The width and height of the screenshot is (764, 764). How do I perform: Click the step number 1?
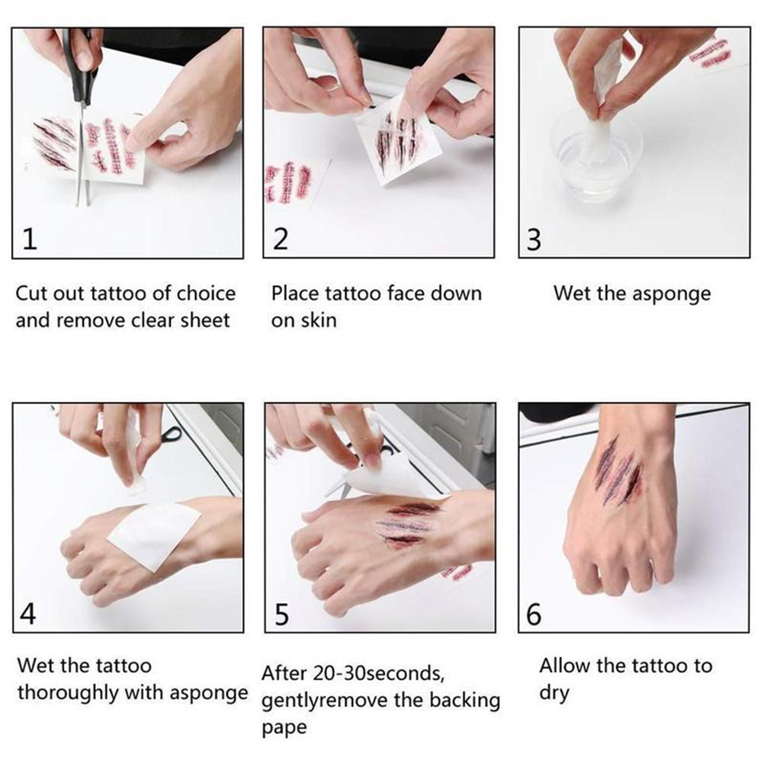click(x=30, y=239)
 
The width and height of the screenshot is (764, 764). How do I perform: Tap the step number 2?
click(x=281, y=239)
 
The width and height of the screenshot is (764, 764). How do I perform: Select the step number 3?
click(x=534, y=239)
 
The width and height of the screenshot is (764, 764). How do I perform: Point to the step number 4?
click(x=27, y=614)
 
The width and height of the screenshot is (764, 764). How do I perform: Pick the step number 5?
click(x=281, y=615)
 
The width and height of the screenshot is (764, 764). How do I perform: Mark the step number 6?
click(x=534, y=615)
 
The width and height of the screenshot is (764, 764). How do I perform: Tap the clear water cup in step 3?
click(x=595, y=156)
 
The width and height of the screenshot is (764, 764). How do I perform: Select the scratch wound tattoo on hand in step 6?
click(x=618, y=471)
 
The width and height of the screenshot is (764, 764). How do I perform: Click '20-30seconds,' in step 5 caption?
click(x=379, y=673)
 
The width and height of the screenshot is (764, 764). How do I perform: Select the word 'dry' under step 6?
click(x=554, y=694)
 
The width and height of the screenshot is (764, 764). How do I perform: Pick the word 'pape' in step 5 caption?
click(x=284, y=728)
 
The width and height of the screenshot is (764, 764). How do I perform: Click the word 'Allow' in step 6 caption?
click(x=564, y=666)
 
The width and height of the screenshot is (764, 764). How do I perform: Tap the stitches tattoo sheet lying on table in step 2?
click(x=292, y=184)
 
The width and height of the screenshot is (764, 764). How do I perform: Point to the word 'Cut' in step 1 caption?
click(x=32, y=294)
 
